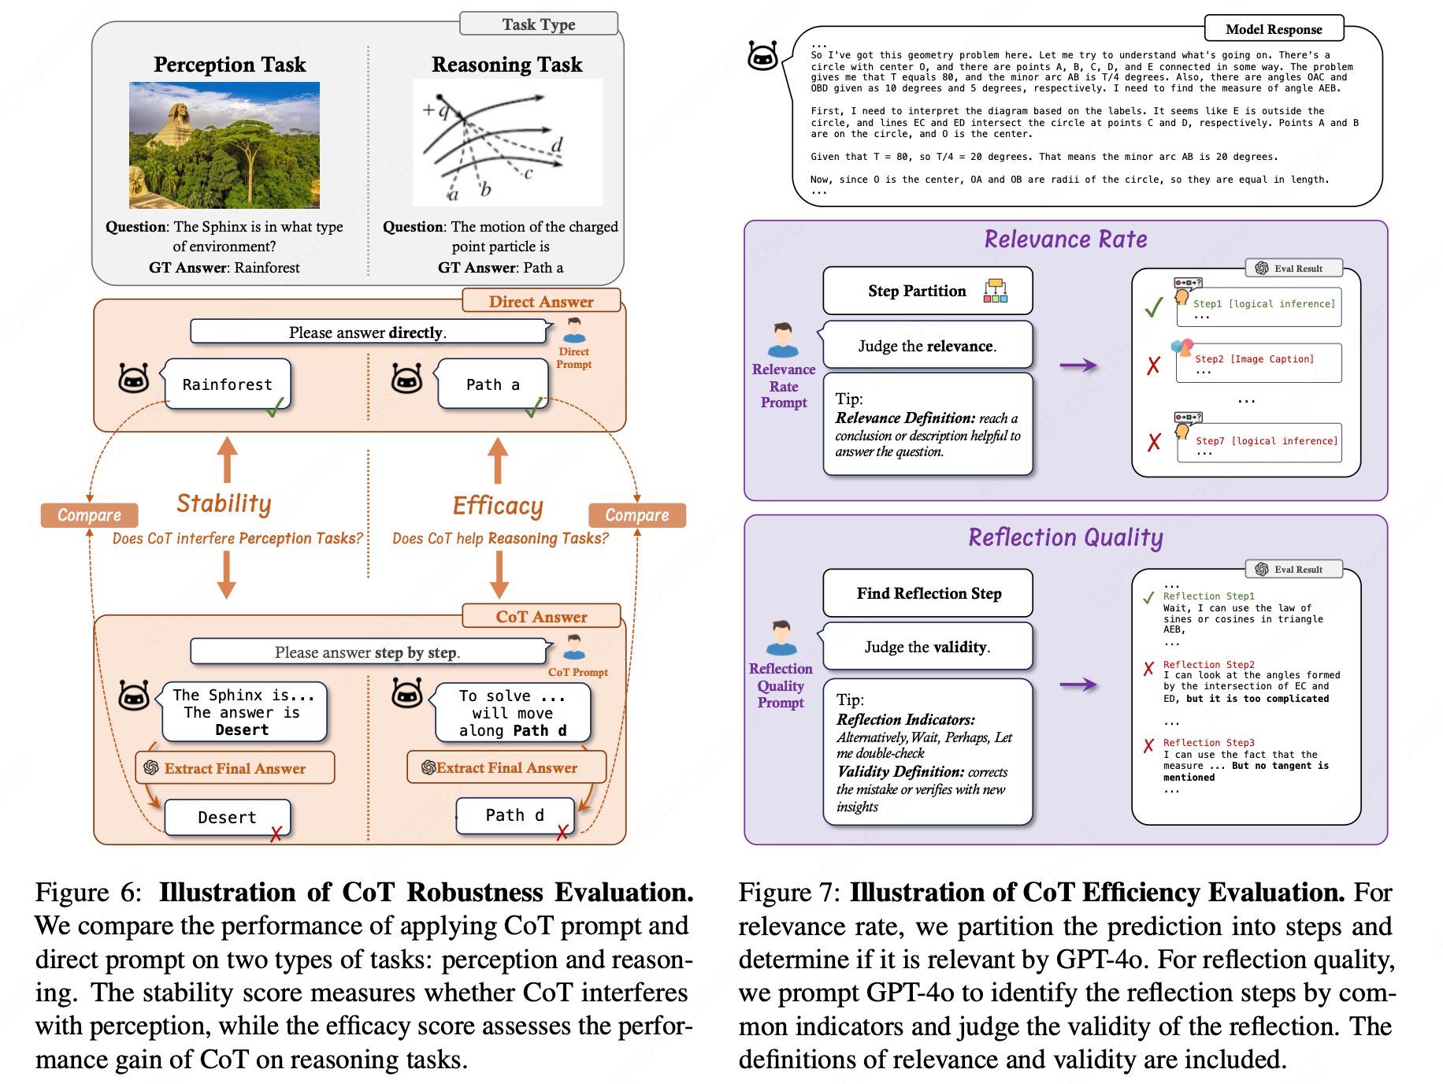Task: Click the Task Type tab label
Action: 539,24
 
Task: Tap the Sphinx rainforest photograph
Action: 224,145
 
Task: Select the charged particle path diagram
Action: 507,143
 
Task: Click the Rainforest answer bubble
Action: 228,384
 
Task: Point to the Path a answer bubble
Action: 493,384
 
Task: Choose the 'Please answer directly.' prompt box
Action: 368,332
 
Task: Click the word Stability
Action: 224,503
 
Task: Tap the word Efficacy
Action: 498,506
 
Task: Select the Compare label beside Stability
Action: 90,515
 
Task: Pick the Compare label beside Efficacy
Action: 637,515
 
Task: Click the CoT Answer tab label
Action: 542,617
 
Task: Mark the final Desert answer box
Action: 228,818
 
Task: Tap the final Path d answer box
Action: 515,815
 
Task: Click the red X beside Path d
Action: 562,832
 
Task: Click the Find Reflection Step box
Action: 928,593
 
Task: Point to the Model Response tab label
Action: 1274,29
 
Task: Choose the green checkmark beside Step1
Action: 1154,307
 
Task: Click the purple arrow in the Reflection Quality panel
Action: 1078,685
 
